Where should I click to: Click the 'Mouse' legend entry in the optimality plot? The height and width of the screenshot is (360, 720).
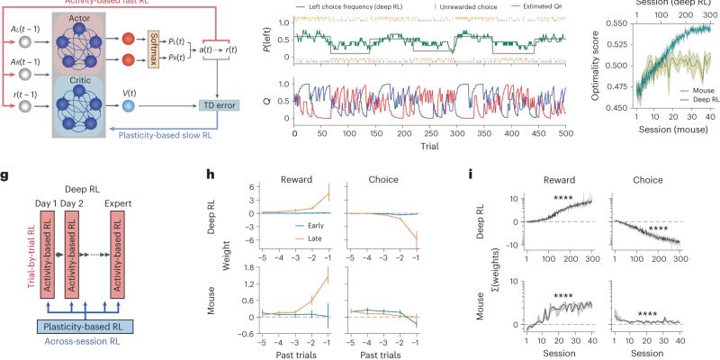tap(691, 91)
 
